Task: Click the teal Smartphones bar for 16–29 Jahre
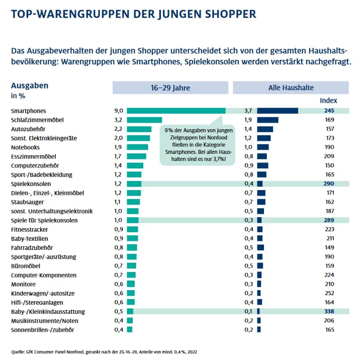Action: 176,111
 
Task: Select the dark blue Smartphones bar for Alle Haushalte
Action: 278,111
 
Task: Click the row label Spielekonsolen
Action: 31,184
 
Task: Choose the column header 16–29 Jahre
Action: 170,87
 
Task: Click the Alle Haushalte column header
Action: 291,87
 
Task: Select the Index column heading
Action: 328,101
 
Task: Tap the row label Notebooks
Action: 25,147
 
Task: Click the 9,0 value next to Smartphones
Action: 119,111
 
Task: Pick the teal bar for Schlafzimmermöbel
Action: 144,120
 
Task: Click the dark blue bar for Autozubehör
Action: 265,129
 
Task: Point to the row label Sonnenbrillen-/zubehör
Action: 42,330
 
